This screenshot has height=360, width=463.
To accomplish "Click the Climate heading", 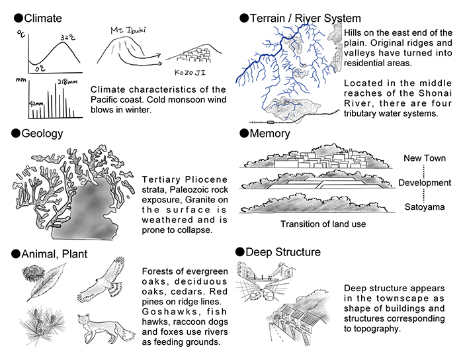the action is tap(38, 19).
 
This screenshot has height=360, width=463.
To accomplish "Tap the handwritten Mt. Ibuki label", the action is tap(128, 30).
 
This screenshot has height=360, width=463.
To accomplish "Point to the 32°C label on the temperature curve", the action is tap(68, 37).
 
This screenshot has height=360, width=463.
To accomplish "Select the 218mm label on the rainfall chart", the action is tap(67, 81).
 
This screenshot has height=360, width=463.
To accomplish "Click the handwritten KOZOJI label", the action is tap(190, 72).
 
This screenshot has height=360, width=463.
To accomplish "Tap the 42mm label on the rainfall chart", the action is tap(36, 104).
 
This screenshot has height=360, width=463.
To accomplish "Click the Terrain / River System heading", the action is tap(300, 19).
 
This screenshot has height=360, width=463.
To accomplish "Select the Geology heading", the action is tap(37, 134).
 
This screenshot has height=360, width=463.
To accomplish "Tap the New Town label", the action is tap(425, 158).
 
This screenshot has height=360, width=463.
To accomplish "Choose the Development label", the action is tap(425, 183).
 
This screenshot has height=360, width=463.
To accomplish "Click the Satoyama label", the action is tap(425, 206).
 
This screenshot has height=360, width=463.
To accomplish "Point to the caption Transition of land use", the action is tap(323, 224).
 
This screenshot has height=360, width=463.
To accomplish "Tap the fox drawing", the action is tap(105, 328).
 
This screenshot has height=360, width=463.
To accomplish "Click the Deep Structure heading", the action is tap(278, 252).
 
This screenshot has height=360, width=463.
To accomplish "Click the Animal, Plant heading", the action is tap(50, 254).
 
